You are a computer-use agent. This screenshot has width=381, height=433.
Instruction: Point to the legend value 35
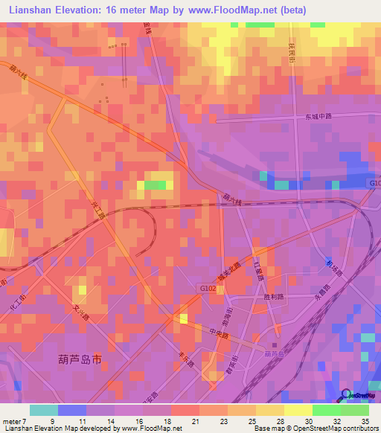(365, 421)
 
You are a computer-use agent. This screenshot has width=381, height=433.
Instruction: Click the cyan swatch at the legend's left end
(43, 410)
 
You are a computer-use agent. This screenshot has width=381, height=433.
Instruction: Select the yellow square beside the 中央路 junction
(183, 318)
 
